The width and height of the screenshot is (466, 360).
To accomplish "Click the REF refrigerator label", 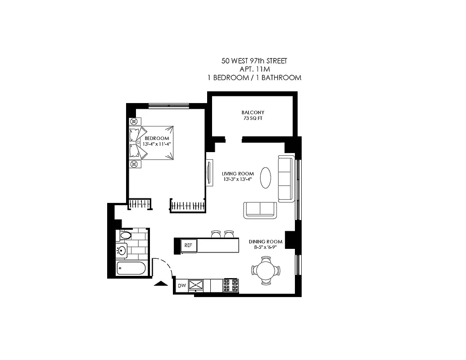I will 188,245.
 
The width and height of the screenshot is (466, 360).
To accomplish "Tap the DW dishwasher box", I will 182,285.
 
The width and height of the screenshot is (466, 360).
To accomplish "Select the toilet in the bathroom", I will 124,235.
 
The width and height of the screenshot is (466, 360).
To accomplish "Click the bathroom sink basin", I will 122,250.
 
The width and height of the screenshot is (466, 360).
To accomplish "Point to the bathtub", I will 131,269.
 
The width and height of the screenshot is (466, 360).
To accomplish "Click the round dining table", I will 266,270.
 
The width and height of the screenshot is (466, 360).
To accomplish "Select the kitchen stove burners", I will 231,285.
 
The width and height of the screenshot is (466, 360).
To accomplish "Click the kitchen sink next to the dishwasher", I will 196,285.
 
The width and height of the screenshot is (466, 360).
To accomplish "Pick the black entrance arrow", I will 159,283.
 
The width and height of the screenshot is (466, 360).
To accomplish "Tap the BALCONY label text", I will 253,112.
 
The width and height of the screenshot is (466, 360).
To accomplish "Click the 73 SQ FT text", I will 253,119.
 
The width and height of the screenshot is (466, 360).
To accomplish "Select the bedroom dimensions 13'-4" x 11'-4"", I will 157,144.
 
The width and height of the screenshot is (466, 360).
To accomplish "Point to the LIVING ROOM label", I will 238,174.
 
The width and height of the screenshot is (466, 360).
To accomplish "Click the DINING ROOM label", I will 266,242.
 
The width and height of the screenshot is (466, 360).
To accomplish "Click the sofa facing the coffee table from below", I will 260,210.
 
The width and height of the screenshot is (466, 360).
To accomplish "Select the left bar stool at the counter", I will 216,234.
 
